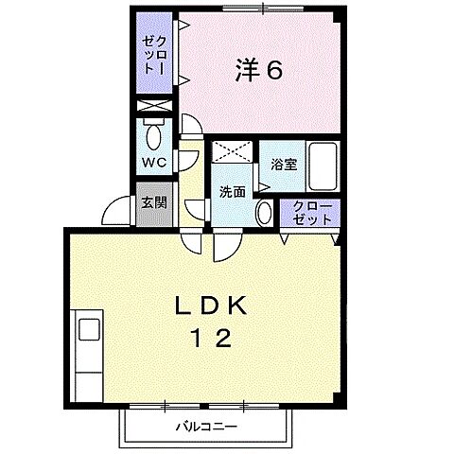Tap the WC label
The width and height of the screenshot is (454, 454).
(153, 162)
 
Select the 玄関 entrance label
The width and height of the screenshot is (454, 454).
(154, 201)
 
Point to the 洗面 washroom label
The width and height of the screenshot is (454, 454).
(232, 191)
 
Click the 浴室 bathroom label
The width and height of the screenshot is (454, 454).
(283, 164)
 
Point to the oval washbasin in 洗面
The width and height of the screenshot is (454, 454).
(264, 212)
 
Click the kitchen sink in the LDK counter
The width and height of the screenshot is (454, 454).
(89, 330)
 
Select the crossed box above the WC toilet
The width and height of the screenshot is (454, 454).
(154, 107)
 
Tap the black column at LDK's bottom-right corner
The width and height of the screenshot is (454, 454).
(343, 409)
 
